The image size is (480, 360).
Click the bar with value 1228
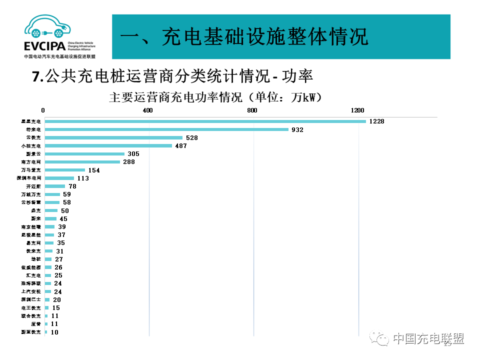[205, 121]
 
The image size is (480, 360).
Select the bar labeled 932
[166, 129]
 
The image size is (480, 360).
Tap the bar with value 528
[113, 137]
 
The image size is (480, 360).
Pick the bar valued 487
[108, 145]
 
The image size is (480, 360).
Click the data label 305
[133, 154]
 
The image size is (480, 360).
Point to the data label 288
[129, 162]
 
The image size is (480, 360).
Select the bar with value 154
[64, 170]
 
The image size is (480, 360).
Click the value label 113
[82, 178]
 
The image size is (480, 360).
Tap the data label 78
[72, 186]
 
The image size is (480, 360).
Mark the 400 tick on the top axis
[147, 110]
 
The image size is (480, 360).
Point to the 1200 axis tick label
[357, 110]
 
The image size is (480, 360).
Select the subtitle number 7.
[36, 76]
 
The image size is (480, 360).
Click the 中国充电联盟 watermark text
[428, 338]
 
